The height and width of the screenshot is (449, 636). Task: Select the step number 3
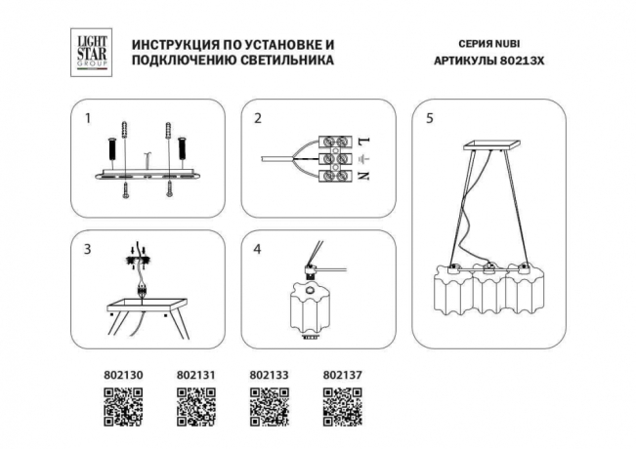click(87, 249)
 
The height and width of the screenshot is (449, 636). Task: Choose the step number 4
click(258, 249)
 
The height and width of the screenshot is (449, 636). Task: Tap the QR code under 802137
click(342, 406)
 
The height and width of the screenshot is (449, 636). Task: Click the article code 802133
click(269, 373)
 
